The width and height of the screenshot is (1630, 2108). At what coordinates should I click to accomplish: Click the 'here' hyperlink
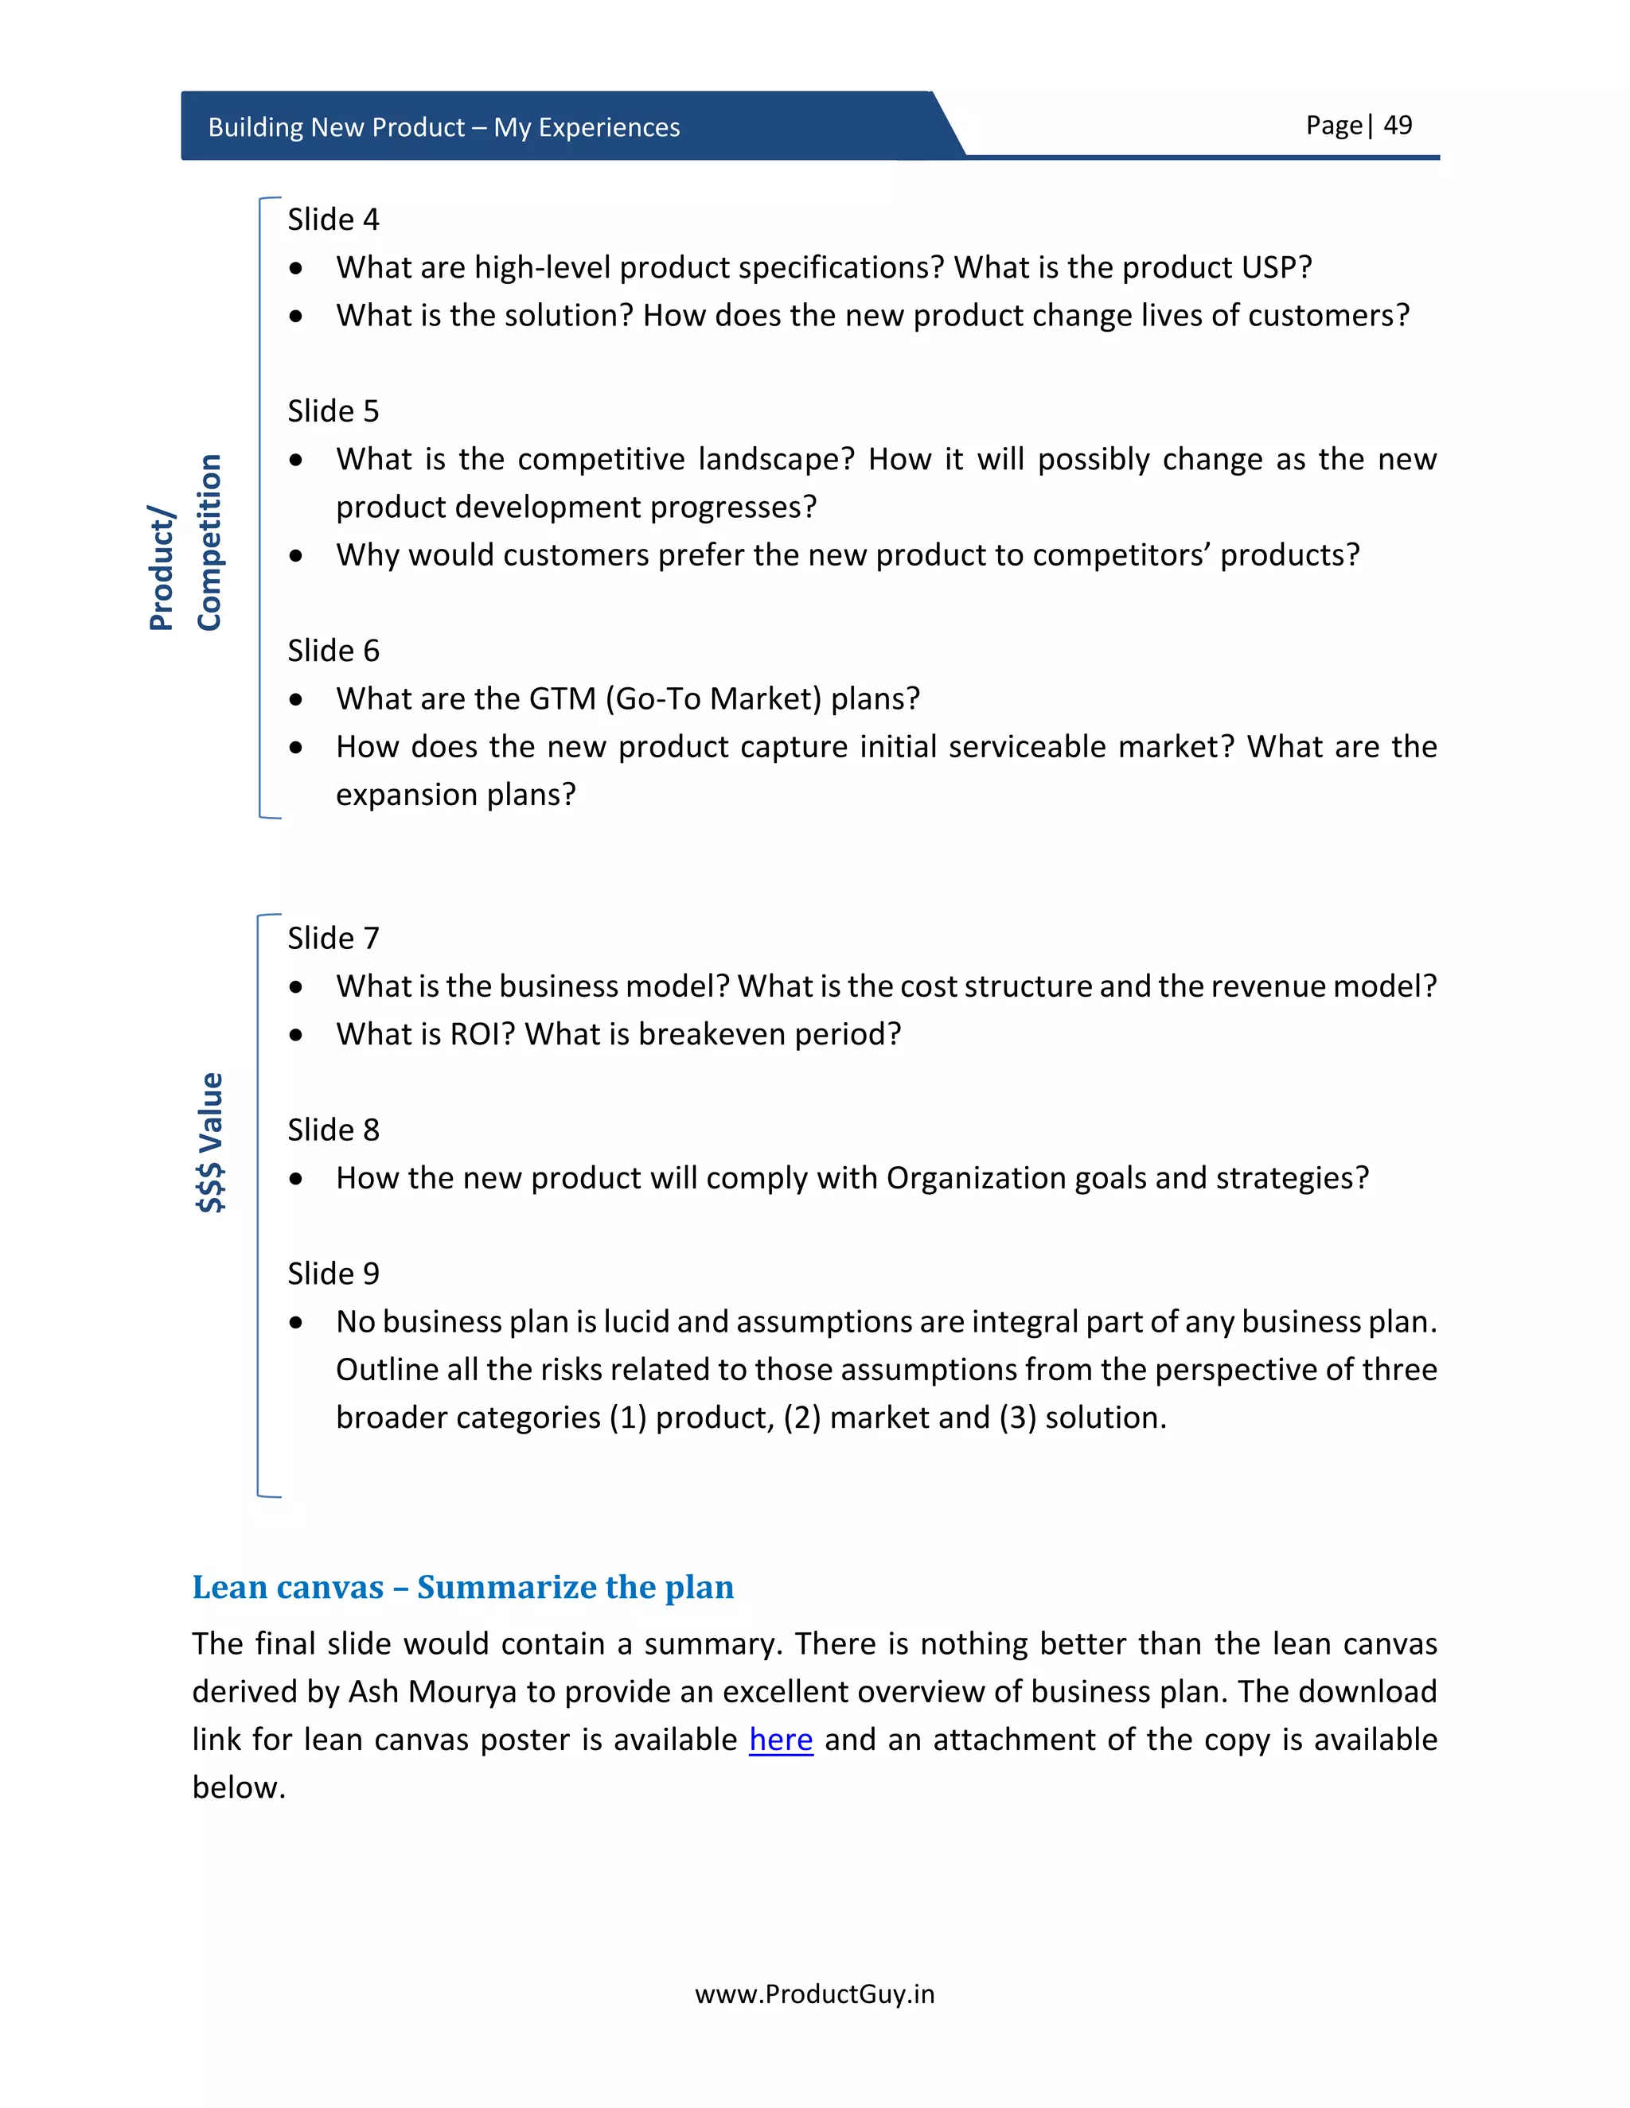pyautogui.click(x=780, y=1739)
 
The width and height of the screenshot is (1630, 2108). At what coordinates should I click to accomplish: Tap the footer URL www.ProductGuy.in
pyautogui.click(x=814, y=1994)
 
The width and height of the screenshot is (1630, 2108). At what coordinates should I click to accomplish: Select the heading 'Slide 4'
pyautogui.click(x=333, y=220)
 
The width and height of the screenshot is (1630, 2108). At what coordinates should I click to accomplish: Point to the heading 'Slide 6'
pyautogui.click(x=333, y=651)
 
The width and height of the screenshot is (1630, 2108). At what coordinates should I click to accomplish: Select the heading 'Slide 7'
pyautogui.click(x=333, y=938)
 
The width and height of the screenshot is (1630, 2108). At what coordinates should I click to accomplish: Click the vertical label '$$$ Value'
pyautogui.click(x=210, y=1142)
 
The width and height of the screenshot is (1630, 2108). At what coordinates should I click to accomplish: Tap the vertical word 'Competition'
pyautogui.click(x=209, y=543)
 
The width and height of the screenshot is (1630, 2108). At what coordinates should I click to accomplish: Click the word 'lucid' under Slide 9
pyautogui.click(x=637, y=1322)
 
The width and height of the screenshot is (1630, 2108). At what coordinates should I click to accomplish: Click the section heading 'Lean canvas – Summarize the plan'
pyautogui.click(x=462, y=1587)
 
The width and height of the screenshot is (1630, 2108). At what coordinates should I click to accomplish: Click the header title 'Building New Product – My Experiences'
pyautogui.click(x=444, y=127)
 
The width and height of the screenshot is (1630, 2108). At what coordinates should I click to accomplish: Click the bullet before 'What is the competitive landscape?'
pyautogui.click(x=296, y=461)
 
